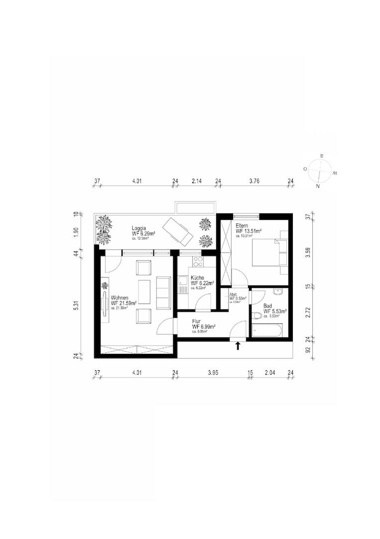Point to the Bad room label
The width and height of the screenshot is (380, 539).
tap(268, 305)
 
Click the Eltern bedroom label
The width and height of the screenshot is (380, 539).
tap(242, 226)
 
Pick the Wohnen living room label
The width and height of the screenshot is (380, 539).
tap(120, 297)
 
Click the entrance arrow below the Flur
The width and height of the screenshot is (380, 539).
tap(238, 345)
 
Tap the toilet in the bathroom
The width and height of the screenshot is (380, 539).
tap(257, 316)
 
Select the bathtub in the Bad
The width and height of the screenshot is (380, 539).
tap(267, 330)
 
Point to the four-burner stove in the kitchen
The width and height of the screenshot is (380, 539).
tap(198, 262)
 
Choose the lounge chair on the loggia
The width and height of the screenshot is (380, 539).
tap(179, 231)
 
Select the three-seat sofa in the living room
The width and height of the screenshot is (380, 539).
tap(163, 292)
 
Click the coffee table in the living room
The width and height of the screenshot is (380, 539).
tap(144, 292)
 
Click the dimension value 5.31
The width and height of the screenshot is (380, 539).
tap(76, 305)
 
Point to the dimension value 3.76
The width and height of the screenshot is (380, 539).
tap(254, 182)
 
